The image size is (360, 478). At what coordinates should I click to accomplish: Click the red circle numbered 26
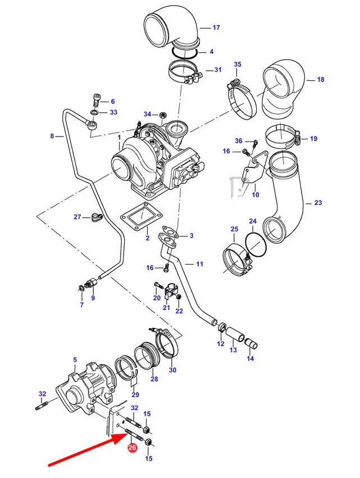point(132,448)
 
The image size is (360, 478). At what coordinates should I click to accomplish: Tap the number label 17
point(216,27)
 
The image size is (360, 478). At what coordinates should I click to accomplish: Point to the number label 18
point(321,80)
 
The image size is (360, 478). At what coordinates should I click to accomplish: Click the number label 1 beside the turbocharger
point(119,137)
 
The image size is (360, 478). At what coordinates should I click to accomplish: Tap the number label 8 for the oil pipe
point(52,136)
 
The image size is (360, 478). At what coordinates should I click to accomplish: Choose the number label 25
point(234,229)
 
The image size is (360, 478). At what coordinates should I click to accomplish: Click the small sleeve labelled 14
point(250,344)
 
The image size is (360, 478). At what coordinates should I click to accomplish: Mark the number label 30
point(172,370)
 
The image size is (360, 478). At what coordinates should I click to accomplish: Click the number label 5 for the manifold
point(75,359)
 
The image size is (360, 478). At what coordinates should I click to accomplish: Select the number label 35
point(238,65)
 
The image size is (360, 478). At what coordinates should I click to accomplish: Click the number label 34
point(147,114)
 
